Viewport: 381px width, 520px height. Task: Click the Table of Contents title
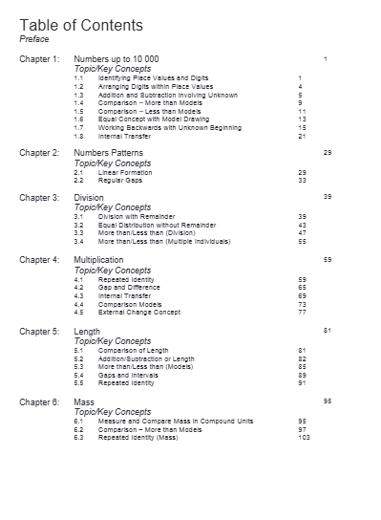(81, 25)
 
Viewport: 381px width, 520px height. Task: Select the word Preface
(34, 39)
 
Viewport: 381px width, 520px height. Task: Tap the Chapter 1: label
(39, 59)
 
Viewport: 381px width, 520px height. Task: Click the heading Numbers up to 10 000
(116, 59)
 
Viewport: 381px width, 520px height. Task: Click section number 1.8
(78, 136)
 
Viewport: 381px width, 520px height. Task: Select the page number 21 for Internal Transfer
(302, 136)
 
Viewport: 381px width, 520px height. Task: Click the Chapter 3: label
(39, 197)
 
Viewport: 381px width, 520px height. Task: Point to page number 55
(302, 242)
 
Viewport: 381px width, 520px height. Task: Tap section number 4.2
(78, 287)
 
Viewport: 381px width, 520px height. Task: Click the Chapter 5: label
(39, 331)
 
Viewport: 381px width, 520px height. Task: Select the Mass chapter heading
(84, 402)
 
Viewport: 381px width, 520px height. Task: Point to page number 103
(304, 438)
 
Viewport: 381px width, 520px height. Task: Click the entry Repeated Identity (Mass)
(144, 438)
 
